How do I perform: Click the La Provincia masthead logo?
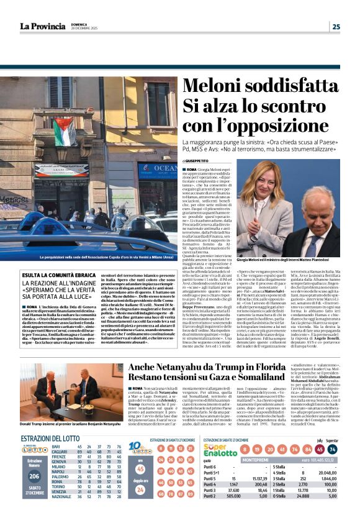coord(42,26)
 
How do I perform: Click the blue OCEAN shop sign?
coord(157,168)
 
